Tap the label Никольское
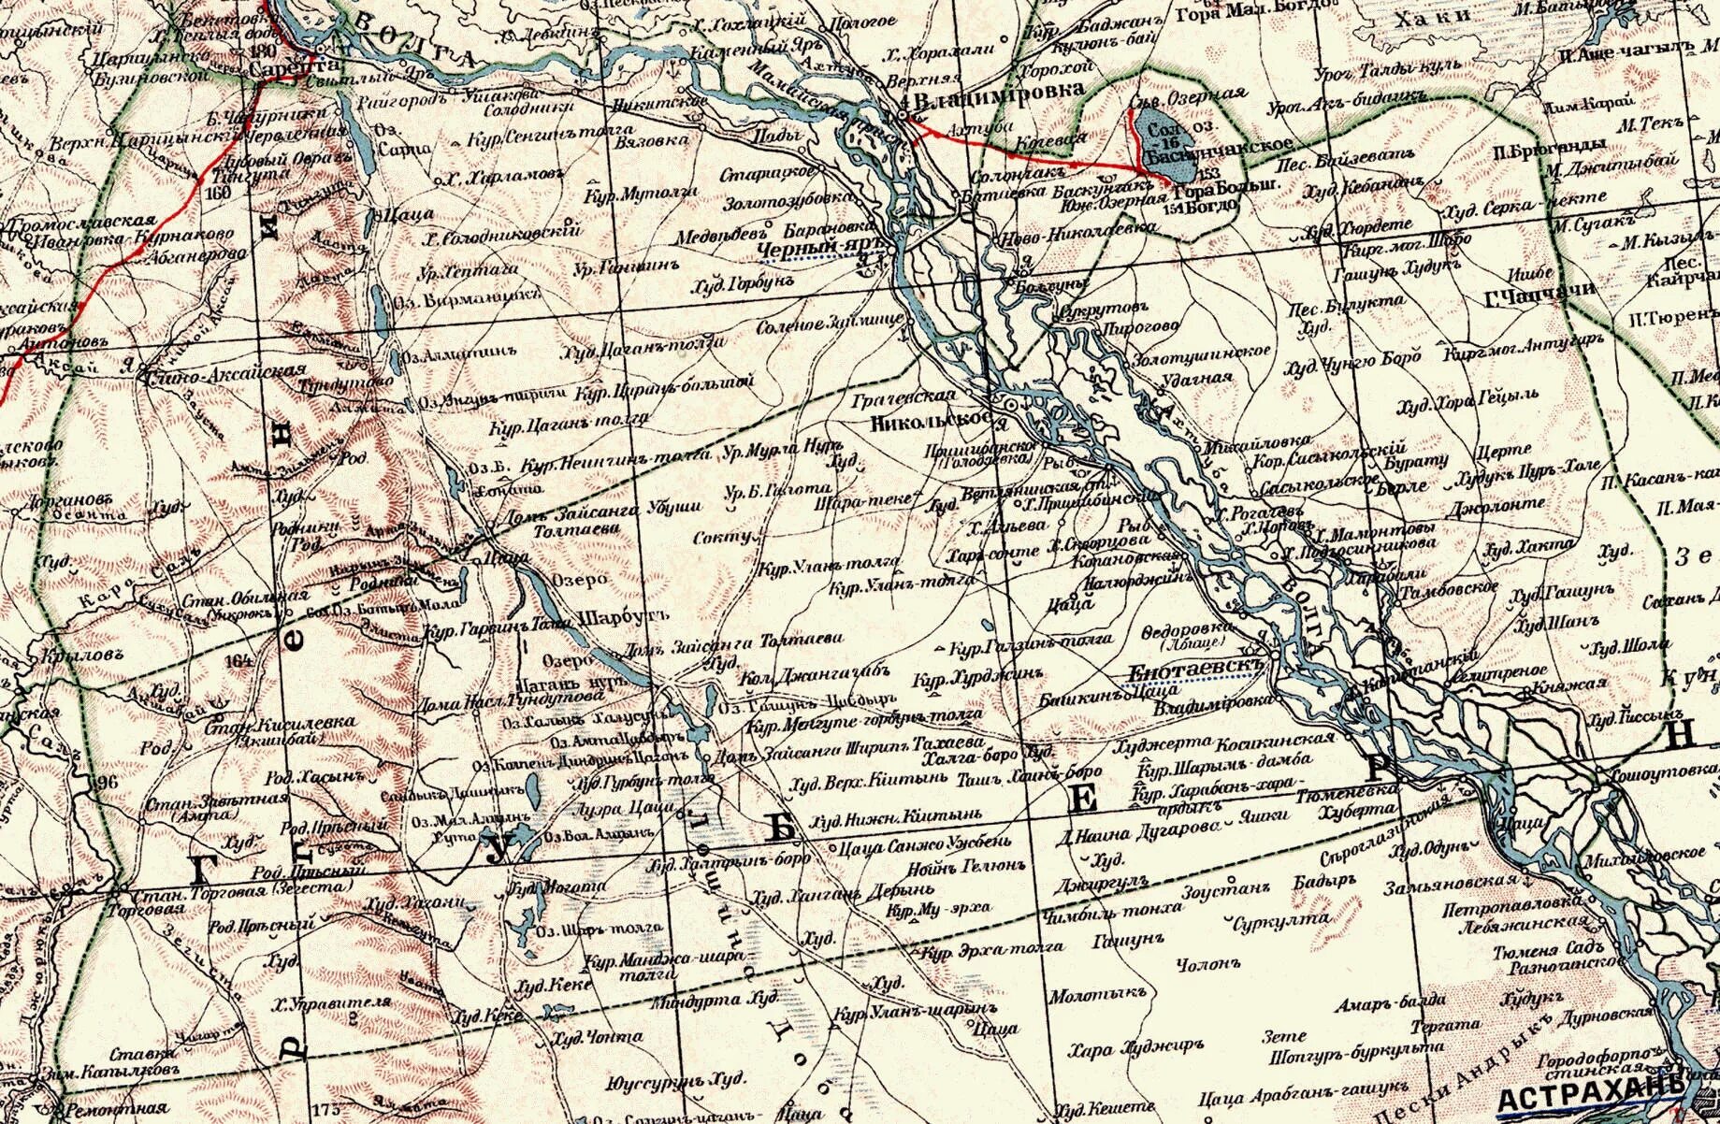coord(930,420)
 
